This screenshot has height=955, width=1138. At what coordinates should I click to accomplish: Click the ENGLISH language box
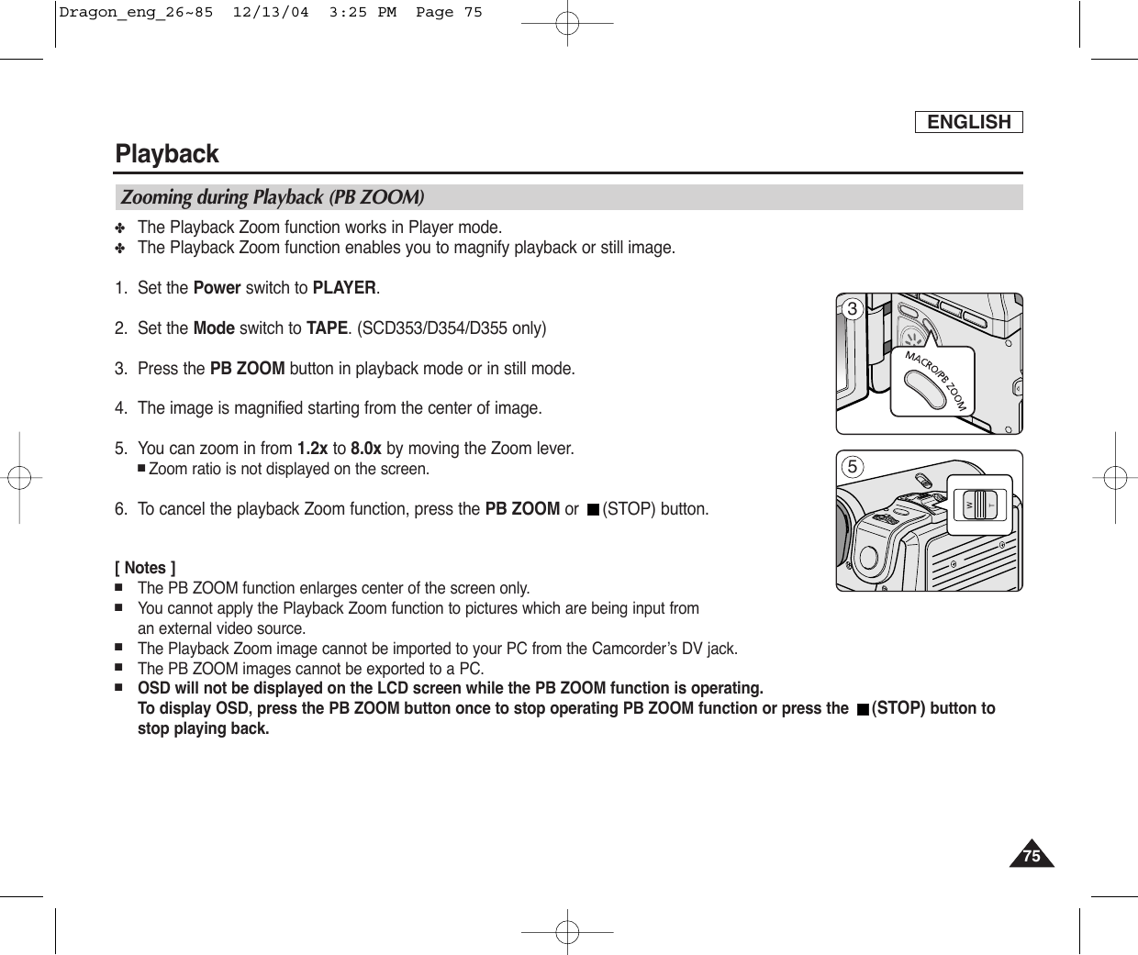coord(968,122)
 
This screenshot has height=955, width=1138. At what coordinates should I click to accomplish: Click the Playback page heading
coord(167,153)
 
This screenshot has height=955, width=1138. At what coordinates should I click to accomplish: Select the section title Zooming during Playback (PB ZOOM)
coord(273,197)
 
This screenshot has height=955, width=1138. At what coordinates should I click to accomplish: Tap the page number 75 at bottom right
coord(1032,856)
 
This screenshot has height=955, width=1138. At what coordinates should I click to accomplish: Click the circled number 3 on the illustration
coord(852,309)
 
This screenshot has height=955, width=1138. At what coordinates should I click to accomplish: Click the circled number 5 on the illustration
coord(852,467)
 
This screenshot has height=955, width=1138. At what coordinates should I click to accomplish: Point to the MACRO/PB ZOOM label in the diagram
coord(936,379)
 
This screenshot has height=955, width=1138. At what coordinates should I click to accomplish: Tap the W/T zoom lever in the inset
coord(980,504)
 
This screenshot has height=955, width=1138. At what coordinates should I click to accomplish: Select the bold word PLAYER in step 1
coord(344,287)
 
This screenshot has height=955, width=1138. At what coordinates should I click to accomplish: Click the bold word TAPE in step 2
coord(326,328)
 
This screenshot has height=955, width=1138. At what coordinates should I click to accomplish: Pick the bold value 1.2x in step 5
coord(312,449)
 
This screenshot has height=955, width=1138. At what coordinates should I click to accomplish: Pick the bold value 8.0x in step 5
coord(366,449)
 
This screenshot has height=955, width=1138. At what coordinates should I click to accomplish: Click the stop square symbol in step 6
coord(593,509)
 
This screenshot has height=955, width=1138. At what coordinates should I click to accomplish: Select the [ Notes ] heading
coord(145,568)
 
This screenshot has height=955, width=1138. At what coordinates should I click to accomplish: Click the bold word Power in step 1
coord(217,287)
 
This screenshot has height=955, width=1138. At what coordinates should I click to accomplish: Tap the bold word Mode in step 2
coord(213,328)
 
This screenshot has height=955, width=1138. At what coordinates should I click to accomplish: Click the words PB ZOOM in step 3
coord(247,369)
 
